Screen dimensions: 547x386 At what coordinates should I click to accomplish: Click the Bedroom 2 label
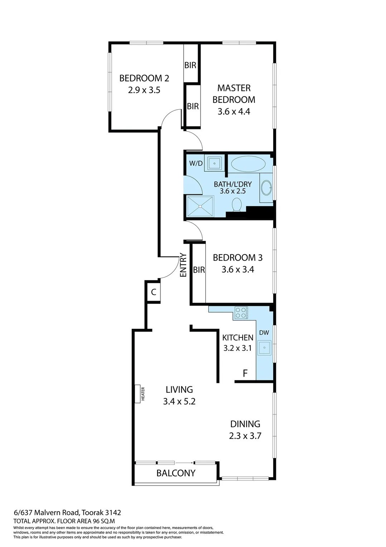tap(144, 78)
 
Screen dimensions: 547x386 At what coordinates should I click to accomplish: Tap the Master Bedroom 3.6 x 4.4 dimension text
tap(233, 111)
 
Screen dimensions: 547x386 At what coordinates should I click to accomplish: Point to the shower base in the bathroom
tap(200, 206)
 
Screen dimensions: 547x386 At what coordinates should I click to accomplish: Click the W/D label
tap(196, 163)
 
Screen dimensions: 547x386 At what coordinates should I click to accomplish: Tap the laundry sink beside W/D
tap(214, 163)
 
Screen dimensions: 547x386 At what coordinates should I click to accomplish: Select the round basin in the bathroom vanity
tap(266, 188)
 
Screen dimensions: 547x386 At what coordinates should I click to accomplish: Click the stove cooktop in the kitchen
tap(241, 313)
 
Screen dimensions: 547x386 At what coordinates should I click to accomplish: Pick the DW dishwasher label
tap(264, 333)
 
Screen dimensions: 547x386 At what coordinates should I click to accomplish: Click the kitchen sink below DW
tap(265, 347)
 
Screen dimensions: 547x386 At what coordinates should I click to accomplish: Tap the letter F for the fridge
tap(245, 373)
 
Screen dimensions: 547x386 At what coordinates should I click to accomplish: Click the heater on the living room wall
tap(137, 394)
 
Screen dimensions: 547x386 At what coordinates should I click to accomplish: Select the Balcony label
tap(176, 473)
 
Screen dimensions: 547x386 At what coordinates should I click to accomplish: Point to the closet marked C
tap(153, 292)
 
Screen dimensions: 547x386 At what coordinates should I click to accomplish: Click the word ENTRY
tap(183, 265)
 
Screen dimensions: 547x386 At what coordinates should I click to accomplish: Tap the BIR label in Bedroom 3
tap(199, 270)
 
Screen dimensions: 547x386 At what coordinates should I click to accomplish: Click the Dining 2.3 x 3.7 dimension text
tap(245, 436)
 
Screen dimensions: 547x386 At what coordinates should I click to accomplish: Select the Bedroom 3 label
tap(237, 257)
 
